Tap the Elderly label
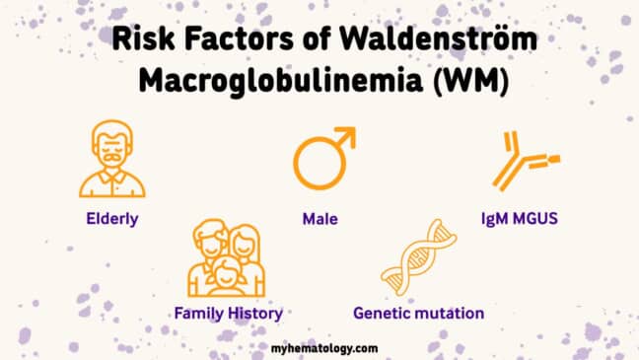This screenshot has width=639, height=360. point(110,218)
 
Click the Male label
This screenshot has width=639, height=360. point(320,218)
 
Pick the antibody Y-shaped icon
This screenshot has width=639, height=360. point(523,162)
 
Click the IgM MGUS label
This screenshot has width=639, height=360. point(528,218)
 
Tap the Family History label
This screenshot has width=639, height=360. point(229,314)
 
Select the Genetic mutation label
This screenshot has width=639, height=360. point(418,314)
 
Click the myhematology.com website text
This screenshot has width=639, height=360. point(322,348)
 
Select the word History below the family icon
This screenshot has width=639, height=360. point(255,314)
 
